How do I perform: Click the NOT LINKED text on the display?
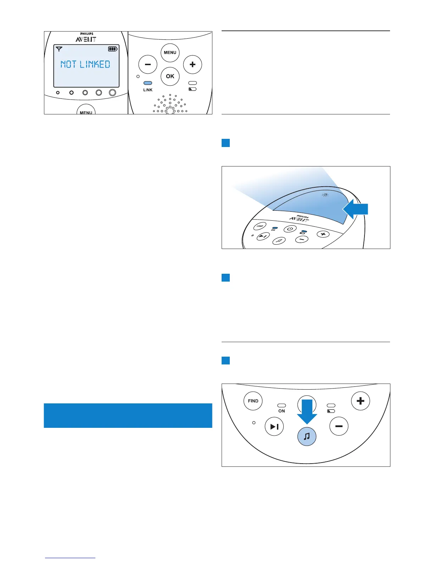pos(85,64)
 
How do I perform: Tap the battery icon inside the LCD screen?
pos(113,49)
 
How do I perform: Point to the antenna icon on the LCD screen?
pos(59,49)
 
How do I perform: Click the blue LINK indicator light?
pos(148,83)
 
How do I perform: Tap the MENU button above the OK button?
pos(170,52)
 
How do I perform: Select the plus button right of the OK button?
pos(193,64)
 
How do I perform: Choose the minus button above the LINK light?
pos(148,64)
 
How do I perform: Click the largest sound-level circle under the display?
pos(112,92)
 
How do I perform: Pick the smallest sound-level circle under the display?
pos(58,92)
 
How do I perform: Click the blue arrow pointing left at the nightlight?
pos(355,209)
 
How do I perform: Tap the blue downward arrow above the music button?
pos(307,411)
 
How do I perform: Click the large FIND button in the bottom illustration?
pos(253,401)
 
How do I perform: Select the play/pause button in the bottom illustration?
pos(274,426)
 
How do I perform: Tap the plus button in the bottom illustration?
pos(360,401)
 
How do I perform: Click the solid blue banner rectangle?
pos(128,415)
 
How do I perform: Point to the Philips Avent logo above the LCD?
pos(86,38)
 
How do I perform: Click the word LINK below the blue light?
pos(148,90)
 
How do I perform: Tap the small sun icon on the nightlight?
pos(325,195)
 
